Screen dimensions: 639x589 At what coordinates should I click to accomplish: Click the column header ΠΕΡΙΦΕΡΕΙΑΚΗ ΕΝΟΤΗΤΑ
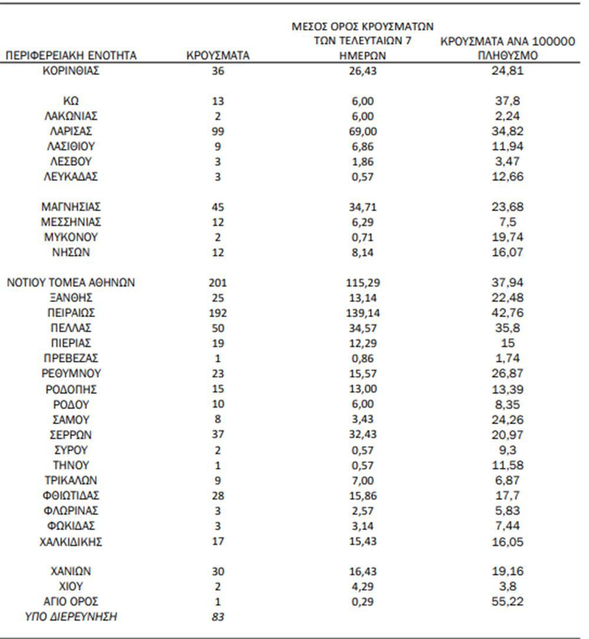tap(71, 56)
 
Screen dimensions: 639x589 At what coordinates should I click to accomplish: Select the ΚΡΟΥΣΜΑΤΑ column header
tap(218, 56)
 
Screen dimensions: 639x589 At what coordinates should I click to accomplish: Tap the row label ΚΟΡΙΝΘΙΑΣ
tap(71, 71)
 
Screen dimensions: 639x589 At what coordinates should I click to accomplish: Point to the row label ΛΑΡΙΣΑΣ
tap(71, 131)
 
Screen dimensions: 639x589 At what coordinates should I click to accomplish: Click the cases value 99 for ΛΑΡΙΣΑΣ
tap(218, 131)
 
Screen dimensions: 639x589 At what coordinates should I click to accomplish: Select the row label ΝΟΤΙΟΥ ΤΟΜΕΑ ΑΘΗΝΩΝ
tap(71, 283)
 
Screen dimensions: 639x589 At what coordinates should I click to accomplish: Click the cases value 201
tap(218, 283)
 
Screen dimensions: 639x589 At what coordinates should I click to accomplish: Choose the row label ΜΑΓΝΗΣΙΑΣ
tap(71, 207)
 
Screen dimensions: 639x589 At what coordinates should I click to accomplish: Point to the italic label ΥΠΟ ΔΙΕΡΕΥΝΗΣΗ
tap(71, 617)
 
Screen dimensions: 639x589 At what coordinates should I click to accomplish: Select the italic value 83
tap(218, 617)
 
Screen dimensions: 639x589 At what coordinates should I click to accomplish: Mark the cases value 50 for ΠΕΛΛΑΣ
tap(218, 328)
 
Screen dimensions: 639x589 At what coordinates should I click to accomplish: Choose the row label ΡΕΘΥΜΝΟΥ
tap(71, 374)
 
